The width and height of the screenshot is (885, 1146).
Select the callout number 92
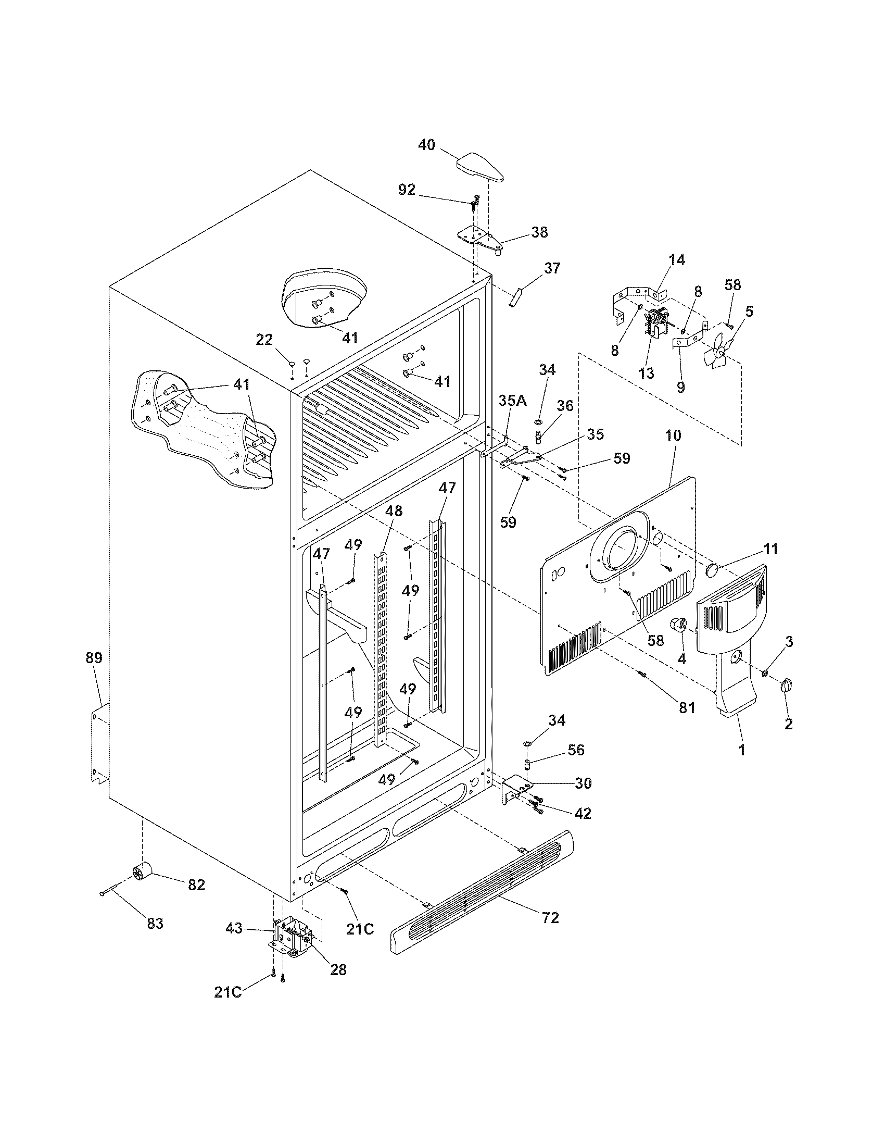[x=407, y=190]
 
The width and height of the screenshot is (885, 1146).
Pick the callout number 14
[x=677, y=260]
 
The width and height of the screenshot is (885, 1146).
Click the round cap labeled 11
[x=713, y=570]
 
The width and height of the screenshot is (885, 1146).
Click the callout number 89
[x=94, y=658]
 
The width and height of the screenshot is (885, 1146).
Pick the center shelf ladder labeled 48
[x=382, y=645]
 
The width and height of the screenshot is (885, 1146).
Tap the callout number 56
[x=576, y=750]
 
